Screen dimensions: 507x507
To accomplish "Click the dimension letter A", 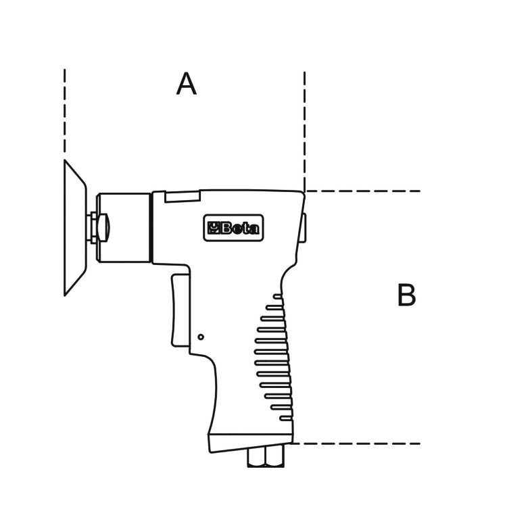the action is click(187, 84).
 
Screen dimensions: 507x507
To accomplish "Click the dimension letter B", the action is click(406, 295).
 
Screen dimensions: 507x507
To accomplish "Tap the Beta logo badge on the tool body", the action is click(233, 228).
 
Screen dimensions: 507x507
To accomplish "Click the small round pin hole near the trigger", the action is click(201, 337).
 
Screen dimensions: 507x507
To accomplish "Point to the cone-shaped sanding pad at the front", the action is click(75, 228).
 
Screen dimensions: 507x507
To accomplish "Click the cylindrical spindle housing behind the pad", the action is click(124, 228).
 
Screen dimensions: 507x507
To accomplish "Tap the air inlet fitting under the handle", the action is click(266, 456).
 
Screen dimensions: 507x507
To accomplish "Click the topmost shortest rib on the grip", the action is click(278, 296).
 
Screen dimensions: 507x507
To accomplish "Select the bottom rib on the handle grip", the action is click(287, 418).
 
